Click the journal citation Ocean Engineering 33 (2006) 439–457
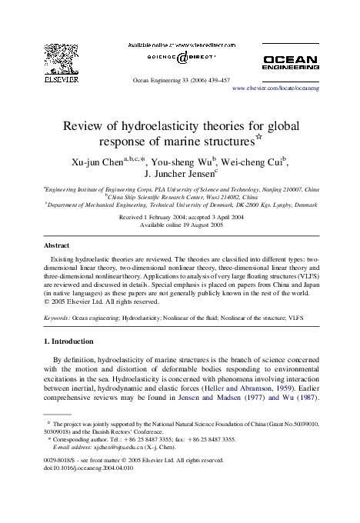tap(179, 79)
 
